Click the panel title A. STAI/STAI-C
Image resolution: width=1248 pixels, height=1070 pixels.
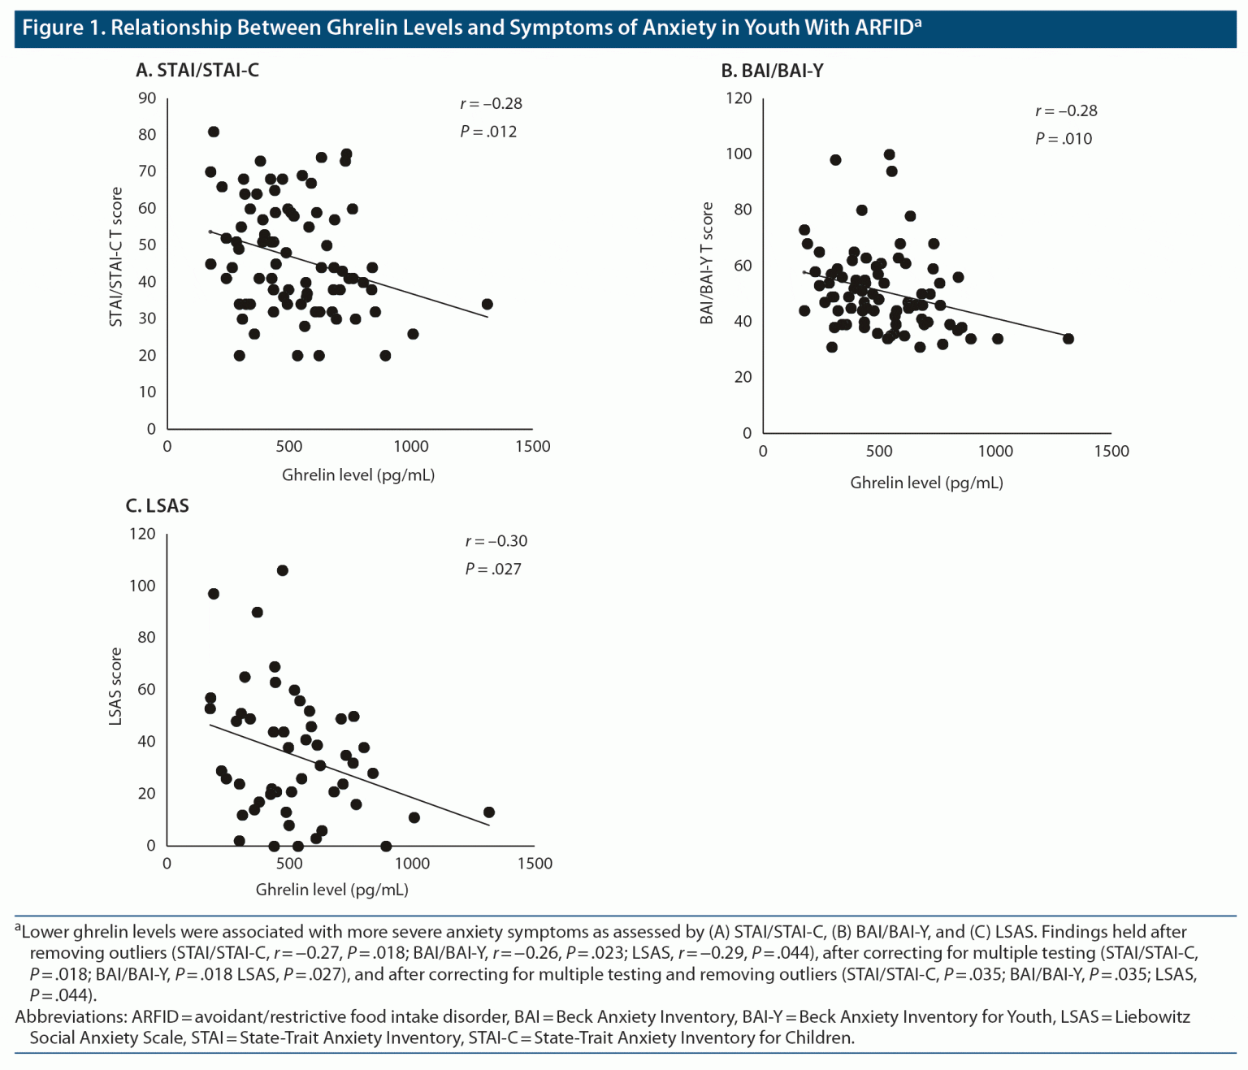[197, 71]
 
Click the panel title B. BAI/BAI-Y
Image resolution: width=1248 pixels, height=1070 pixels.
[772, 71]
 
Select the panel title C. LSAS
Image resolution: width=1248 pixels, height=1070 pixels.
[158, 506]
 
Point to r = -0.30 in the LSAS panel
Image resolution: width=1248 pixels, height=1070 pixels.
[496, 541]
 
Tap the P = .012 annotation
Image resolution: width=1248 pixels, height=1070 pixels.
[488, 132]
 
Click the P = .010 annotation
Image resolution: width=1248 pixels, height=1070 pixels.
[1064, 139]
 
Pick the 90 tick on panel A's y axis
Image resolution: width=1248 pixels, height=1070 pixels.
[147, 98]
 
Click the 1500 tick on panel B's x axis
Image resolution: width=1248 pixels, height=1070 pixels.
[1111, 452]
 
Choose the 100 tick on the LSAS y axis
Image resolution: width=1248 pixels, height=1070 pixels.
[142, 586]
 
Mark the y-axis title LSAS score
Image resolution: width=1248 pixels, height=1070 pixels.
[115, 687]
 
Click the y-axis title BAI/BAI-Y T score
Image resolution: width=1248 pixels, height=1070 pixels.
[707, 263]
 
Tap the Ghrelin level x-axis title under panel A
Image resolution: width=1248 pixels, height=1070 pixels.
[358, 475]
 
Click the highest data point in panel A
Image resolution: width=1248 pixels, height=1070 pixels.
[214, 132]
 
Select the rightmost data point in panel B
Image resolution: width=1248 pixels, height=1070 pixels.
[1068, 339]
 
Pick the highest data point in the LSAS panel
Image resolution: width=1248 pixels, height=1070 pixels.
[283, 570]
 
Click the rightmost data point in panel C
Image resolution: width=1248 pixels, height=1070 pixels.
[489, 812]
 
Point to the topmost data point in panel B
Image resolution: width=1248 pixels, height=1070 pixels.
[890, 154]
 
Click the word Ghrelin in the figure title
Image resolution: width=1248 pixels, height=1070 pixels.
[359, 28]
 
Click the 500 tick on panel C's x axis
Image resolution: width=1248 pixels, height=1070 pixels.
[289, 864]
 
